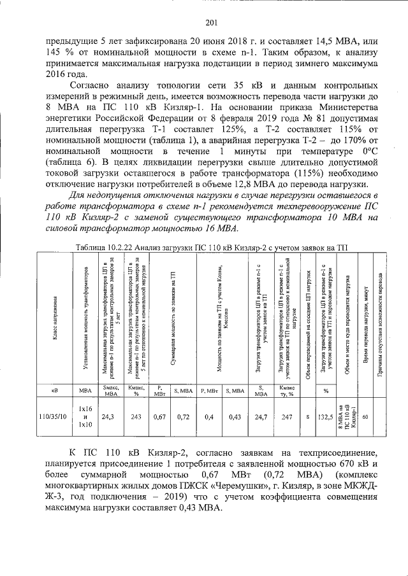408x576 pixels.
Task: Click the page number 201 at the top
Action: pyautogui.click(x=212, y=24)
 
